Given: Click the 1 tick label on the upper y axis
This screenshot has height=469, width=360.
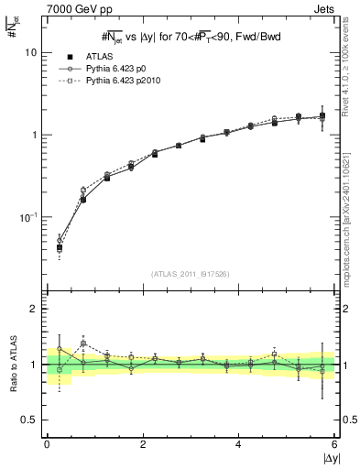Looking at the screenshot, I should pyautogui.click(x=35, y=135).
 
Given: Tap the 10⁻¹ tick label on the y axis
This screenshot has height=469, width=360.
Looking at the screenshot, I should pyautogui.click(x=29, y=217).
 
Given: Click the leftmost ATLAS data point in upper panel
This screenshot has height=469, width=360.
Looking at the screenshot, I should pyautogui.click(x=60, y=247).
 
